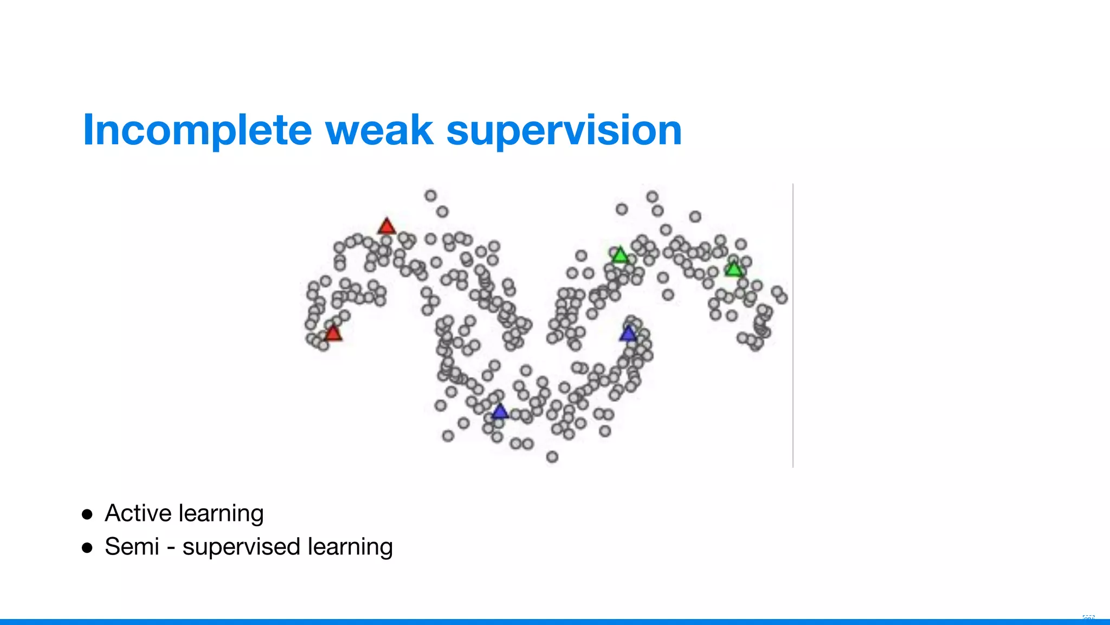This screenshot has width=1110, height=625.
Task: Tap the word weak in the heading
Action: (379, 131)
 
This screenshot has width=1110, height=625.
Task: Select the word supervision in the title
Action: (564, 131)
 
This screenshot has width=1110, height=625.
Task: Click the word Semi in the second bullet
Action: (132, 546)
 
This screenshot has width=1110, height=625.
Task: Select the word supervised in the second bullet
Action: (241, 547)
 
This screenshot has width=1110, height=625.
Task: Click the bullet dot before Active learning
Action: (87, 514)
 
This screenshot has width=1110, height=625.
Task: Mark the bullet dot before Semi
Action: (87, 547)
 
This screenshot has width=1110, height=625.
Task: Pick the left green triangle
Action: (619, 255)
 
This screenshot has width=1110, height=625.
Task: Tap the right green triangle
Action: (733, 269)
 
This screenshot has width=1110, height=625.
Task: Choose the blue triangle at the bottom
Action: (500, 412)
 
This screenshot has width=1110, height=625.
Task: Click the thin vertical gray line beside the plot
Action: (793, 326)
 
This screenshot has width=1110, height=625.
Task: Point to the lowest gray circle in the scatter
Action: (552, 457)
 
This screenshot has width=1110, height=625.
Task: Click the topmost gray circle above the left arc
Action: (431, 195)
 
